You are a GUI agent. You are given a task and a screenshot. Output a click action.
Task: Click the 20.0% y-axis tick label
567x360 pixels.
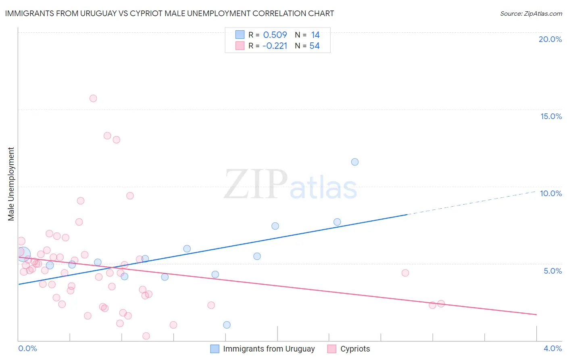coord(550,39)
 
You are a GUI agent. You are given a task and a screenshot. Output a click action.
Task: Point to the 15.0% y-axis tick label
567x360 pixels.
coord(551,116)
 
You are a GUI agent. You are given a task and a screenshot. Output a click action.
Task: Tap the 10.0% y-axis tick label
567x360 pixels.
coord(551,193)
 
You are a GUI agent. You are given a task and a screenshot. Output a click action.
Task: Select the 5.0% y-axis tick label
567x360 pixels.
coord(552,271)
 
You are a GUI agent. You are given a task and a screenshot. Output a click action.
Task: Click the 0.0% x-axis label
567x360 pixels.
coord(27,348)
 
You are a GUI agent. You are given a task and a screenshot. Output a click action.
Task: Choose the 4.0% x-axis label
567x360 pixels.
coord(552,348)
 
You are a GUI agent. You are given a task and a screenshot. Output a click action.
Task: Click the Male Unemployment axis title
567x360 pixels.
coord(11,184)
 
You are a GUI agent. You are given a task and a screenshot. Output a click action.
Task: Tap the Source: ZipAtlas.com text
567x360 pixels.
coord(531,14)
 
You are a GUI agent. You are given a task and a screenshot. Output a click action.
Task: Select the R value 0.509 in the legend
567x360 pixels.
coord(275,35)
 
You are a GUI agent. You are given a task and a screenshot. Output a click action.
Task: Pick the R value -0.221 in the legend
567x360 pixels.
coord(275,46)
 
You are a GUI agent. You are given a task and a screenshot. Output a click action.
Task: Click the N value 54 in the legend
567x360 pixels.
coord(315,46)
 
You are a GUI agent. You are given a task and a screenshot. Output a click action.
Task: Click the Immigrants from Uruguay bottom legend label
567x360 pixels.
coord(269,349)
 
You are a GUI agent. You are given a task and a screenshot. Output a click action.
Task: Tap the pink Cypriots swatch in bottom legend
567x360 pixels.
coord(331,349)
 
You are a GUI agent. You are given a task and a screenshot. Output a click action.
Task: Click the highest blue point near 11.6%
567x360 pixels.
coord(355,162)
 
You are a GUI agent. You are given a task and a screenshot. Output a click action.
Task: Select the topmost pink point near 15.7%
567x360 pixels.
coord(93,98)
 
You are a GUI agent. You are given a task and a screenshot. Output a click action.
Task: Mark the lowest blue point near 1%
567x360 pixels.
coord(227,325)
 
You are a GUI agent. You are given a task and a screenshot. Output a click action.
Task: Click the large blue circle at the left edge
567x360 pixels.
coord(23,254)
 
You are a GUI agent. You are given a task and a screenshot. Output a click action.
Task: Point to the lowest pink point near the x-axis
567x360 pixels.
coord(146,336)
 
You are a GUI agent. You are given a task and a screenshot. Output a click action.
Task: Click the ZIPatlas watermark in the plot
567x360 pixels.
coord(290,185)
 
